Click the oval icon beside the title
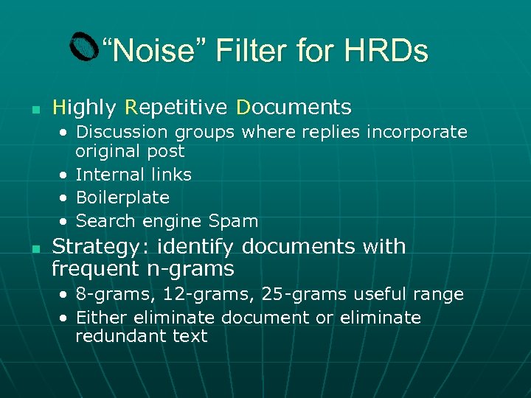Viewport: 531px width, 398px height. [84, 47]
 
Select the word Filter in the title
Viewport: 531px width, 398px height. [251, 51]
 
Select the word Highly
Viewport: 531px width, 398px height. [84, 108]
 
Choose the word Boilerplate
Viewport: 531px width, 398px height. [122, 198]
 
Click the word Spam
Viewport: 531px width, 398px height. [233, 220]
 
